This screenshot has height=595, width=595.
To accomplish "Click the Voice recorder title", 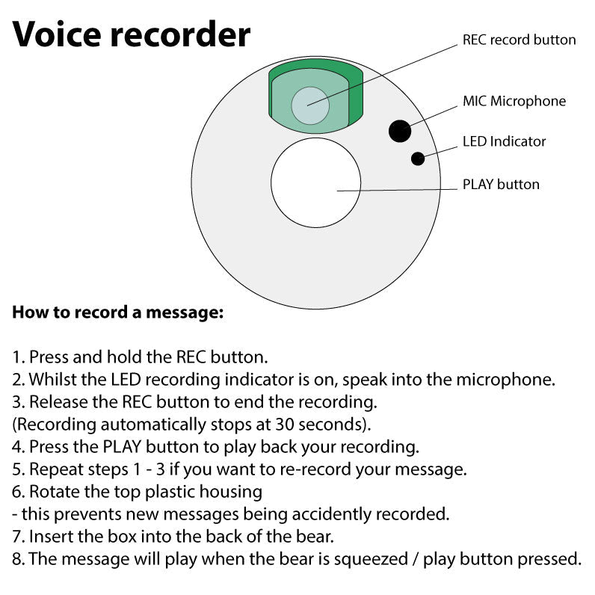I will pyautogui.click(x=132, y=34).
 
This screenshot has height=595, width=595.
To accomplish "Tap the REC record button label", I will pyautogui.click(x=519, y=40).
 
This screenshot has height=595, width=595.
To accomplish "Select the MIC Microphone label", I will pyautogui.click(x=514, y=101).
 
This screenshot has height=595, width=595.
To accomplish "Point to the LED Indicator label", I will pyautogui.click(x=504, y=141).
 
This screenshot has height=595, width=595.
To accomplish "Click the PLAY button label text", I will pyautogui.click(x=500, y=185).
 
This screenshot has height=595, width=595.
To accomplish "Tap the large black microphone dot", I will pyautogui.click(x=400, y=131).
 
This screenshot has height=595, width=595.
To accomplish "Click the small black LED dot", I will pyautogui.click(x=418, y=158).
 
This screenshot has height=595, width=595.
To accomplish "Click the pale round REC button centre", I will pyautogui.click(x=310, y=105).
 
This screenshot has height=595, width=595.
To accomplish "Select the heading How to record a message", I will pyautogui.click(x=117, y=312).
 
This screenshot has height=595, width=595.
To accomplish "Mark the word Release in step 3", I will pyautogui.click(x=57, y=402).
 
